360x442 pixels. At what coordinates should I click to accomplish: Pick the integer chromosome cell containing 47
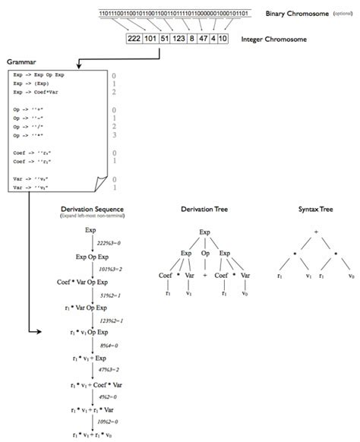[207, 39]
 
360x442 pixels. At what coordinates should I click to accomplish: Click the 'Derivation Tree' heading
[204, 208]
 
